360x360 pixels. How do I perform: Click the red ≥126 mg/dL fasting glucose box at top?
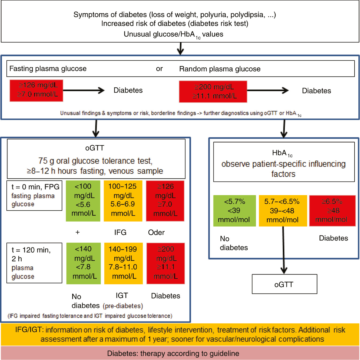pos(36,90)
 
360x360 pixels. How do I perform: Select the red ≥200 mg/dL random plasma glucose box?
pos(213,92)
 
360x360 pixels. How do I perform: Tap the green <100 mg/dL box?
pos(83,201)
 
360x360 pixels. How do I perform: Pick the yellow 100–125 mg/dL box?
pos(123,201)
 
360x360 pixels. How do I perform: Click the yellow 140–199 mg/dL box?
pos(123,263)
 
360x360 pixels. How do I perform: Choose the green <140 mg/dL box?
pos(83,263)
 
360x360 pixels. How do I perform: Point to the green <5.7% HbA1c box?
pos(234,211)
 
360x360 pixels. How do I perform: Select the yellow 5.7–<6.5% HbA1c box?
pos(283,211)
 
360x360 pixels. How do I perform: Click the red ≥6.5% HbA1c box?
pos(332,211)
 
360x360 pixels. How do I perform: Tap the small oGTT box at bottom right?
pos(284,284)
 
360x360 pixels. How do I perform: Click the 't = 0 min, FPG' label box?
pos(34,195)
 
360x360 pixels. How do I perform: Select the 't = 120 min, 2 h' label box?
pos(34,263)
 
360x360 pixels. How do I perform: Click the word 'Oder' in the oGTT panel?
pos(156,233)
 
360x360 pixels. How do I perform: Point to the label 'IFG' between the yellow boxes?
pos(120,233)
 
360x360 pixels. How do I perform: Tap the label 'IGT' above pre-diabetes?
pos(122,296)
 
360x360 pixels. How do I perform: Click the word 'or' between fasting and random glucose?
pos(159,69)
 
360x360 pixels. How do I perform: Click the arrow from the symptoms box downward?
pos(181,48)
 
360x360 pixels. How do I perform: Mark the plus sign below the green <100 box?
pos(78,232)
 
